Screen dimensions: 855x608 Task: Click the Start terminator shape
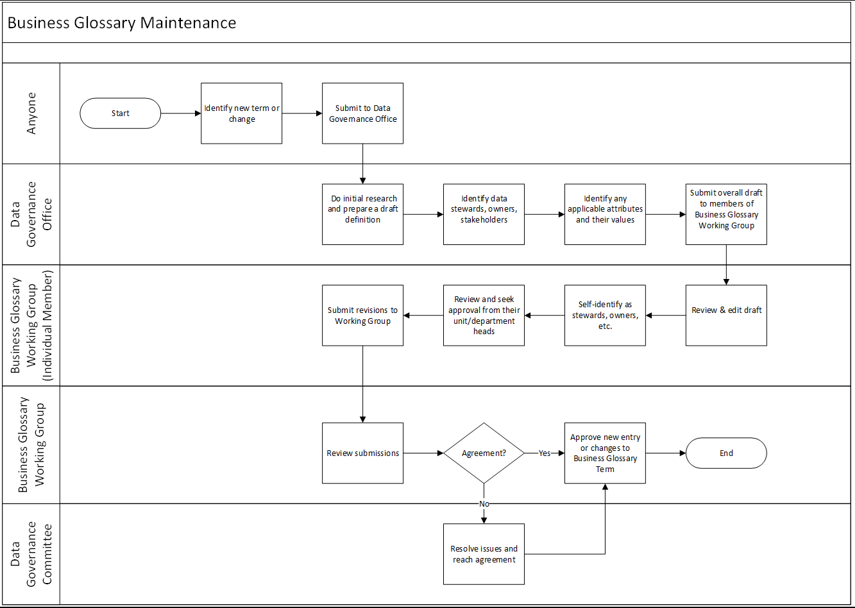tap(120, 114)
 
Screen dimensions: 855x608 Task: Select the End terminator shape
tap(726, 453)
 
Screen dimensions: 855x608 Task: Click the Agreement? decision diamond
tap(484, 453)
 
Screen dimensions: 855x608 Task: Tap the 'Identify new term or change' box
tap(242, 114)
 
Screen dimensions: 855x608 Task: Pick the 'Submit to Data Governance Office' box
tap(362, 114)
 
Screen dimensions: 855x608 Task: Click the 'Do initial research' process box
tap(362, 214)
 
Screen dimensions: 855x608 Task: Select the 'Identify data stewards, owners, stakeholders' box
tap(484, 214)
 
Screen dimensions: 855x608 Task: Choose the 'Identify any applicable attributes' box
tap(605, 214)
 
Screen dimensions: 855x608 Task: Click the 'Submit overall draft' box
tap(726, 214)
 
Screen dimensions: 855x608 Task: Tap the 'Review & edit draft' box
tap(726, 316)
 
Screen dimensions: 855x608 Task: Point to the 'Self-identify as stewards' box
tap(605, 316)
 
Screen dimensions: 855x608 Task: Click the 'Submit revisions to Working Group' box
tap(362, 316)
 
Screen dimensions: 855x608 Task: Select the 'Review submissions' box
tap(362, 453)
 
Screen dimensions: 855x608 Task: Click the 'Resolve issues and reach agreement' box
tap(484, 553)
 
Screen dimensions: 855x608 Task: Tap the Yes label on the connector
tap(545, 453)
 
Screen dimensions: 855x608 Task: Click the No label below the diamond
tap(484, 504)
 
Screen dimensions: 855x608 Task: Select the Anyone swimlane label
tap(31, 114)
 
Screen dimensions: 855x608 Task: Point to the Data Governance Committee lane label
tap(31, 553)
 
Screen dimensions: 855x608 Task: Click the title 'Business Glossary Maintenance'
tap(122, 23)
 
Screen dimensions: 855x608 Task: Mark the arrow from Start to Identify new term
tap(181, 114)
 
